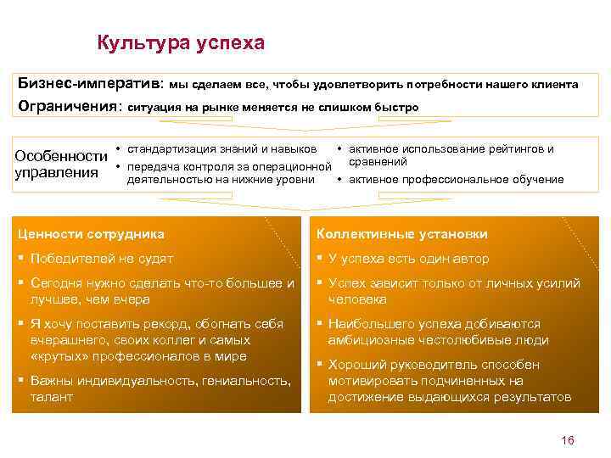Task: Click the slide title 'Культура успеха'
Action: (x=181, y=42)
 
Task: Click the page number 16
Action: (x=568, y=439)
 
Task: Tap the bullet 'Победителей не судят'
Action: (x=101, y=259)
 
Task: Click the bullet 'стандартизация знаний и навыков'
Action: (x=221, y=149)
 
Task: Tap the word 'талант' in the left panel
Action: (x=52, y=397)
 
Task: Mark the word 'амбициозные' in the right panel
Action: (x=368, y=340)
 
